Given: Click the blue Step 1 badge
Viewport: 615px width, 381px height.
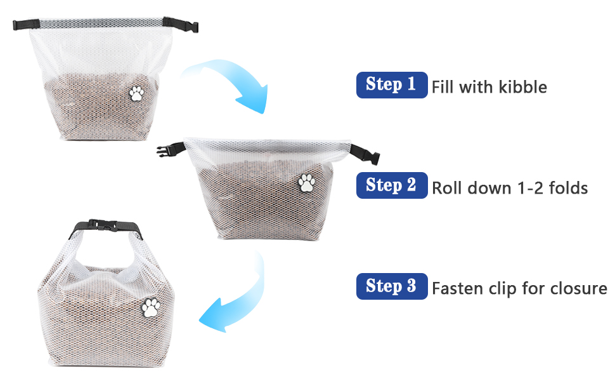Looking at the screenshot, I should click(x=391, y=85).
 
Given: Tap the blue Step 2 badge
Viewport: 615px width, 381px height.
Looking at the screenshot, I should click(x=391, y=185).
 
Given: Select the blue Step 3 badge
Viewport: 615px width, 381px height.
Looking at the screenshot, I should click(x=391, y=287).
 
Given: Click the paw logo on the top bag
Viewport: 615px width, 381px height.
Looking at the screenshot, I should click(x=137, y=93).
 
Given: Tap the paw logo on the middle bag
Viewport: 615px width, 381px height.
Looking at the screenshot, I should click(x=306, y=182).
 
